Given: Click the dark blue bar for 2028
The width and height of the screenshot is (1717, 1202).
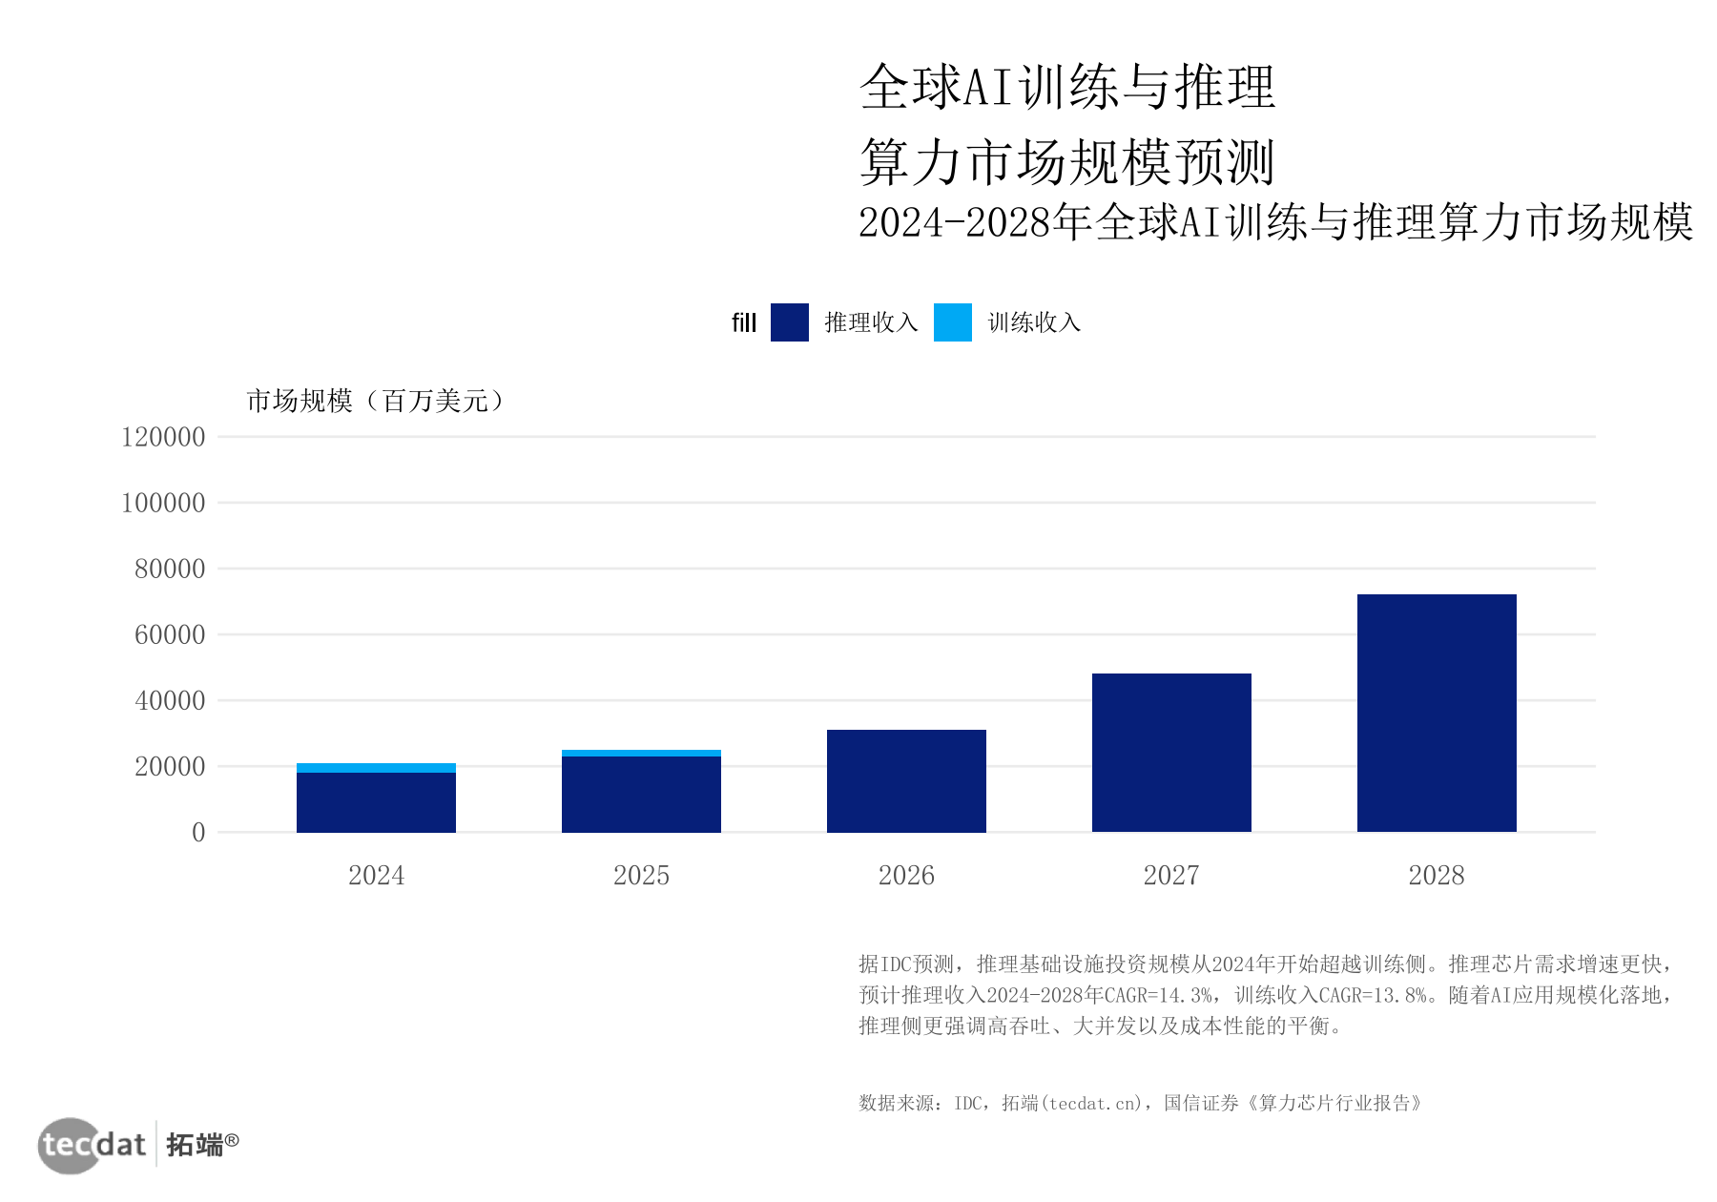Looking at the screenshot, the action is (1437, 713).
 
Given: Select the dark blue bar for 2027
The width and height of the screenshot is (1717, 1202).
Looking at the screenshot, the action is (1171, 753).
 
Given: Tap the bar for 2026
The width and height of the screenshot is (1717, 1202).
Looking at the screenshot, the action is (906, 780).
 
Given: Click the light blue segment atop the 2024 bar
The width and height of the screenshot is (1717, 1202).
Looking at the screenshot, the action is (376, 768).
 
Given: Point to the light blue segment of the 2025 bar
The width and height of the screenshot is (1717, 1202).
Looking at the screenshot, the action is (641, 754).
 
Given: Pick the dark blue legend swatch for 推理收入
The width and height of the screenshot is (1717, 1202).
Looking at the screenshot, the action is (790, 322).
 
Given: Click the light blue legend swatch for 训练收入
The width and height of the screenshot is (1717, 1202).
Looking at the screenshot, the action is (953, 322).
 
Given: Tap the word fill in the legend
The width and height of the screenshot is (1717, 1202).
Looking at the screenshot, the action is (744, 322).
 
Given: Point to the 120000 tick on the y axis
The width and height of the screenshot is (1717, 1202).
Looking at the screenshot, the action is (163, 437).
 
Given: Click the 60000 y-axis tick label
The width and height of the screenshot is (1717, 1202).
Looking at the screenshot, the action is (170, 634).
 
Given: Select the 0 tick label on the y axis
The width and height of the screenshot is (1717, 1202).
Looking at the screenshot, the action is (198, 832).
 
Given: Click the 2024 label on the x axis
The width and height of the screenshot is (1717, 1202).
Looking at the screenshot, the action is (376, 875).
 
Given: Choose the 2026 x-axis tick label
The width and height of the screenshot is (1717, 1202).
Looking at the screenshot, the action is (906, 875).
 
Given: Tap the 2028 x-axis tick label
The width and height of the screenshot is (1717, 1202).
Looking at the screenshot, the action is (1437, 875).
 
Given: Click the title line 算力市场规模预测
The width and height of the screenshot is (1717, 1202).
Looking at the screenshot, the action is (1067, 161).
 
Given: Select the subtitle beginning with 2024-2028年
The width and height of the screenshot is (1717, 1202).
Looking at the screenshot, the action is (1276, 222).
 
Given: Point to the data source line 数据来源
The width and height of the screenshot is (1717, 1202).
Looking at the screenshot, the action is (1140, 1103).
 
